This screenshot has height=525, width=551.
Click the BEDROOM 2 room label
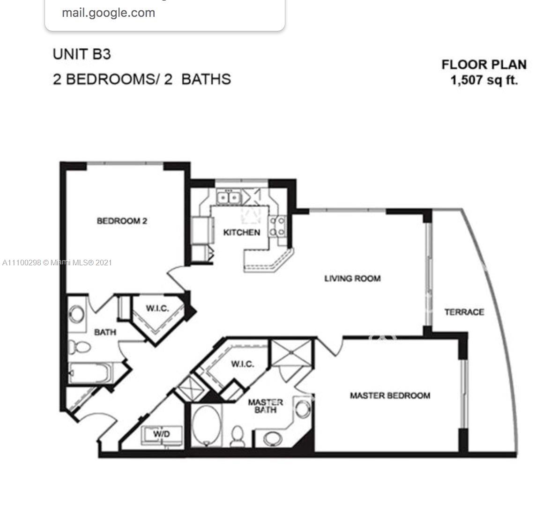point(122,221)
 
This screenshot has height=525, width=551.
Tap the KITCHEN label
point(242,232)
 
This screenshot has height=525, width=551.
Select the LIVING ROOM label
point(352,278)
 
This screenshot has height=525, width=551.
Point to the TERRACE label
point(464,312)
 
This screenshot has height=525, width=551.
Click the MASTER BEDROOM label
point(390,395)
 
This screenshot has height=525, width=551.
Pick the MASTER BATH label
point(265,406)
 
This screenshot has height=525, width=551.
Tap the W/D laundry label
point(161,434)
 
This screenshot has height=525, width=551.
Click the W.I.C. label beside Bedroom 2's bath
point(157,308)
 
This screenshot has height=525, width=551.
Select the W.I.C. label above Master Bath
point(243,364)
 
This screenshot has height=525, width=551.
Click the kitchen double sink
point(229,197)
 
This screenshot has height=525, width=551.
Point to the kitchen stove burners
point(277,226)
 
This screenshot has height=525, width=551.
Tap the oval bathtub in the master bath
point(207,426)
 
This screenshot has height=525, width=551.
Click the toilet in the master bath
point(238,437)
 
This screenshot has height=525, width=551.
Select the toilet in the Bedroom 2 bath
point(80,347)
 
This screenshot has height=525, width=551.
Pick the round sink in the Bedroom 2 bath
point(76,314)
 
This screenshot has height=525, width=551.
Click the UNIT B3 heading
point(82,54)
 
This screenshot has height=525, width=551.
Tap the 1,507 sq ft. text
point(484,80)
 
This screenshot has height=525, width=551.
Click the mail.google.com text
point(108,13)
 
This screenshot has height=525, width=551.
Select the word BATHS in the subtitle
point(206,79)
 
